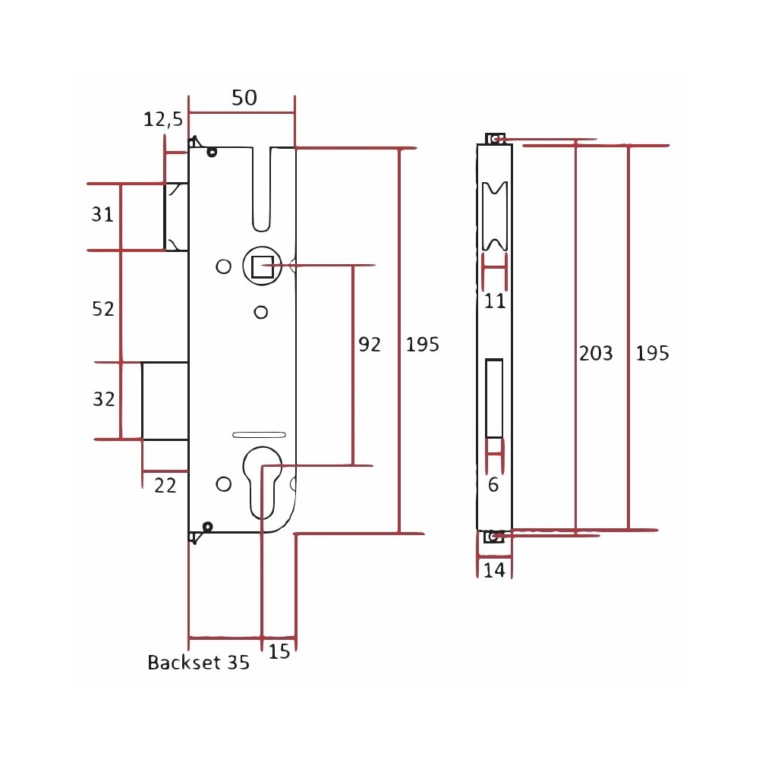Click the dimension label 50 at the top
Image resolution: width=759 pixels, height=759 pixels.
click(244, 98)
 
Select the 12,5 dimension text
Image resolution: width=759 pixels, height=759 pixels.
click(163, 119)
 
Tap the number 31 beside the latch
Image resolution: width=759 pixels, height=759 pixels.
click(102, 215)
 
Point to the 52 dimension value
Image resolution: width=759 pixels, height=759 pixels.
click(103, 309)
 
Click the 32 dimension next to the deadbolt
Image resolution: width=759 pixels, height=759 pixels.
click(104, 399)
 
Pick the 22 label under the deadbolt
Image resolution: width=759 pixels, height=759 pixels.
click(165, 486)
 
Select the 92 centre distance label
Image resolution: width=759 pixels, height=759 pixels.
click(370, 345)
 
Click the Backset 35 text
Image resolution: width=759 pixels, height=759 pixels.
click(198, 662)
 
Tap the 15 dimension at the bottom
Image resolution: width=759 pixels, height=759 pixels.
click(279, 651)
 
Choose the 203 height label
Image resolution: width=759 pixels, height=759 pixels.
click(596, 354)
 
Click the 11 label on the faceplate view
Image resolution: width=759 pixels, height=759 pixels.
click(495, 301)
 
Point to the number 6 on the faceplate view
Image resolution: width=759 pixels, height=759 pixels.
click(493, 484)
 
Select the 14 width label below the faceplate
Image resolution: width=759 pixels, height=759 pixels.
click(494, 570)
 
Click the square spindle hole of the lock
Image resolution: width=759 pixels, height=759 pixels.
click(263, 266)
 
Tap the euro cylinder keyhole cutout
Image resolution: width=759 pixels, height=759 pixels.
click(262, 482)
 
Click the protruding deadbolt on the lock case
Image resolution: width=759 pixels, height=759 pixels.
click(165, 401)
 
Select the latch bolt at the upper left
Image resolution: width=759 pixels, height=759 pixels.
click(176, 217)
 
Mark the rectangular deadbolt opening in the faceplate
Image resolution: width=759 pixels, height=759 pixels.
click(494, 398)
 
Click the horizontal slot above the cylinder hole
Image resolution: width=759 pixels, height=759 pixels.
click(259, 435)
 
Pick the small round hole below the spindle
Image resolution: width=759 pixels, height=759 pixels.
click(261, 312)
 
